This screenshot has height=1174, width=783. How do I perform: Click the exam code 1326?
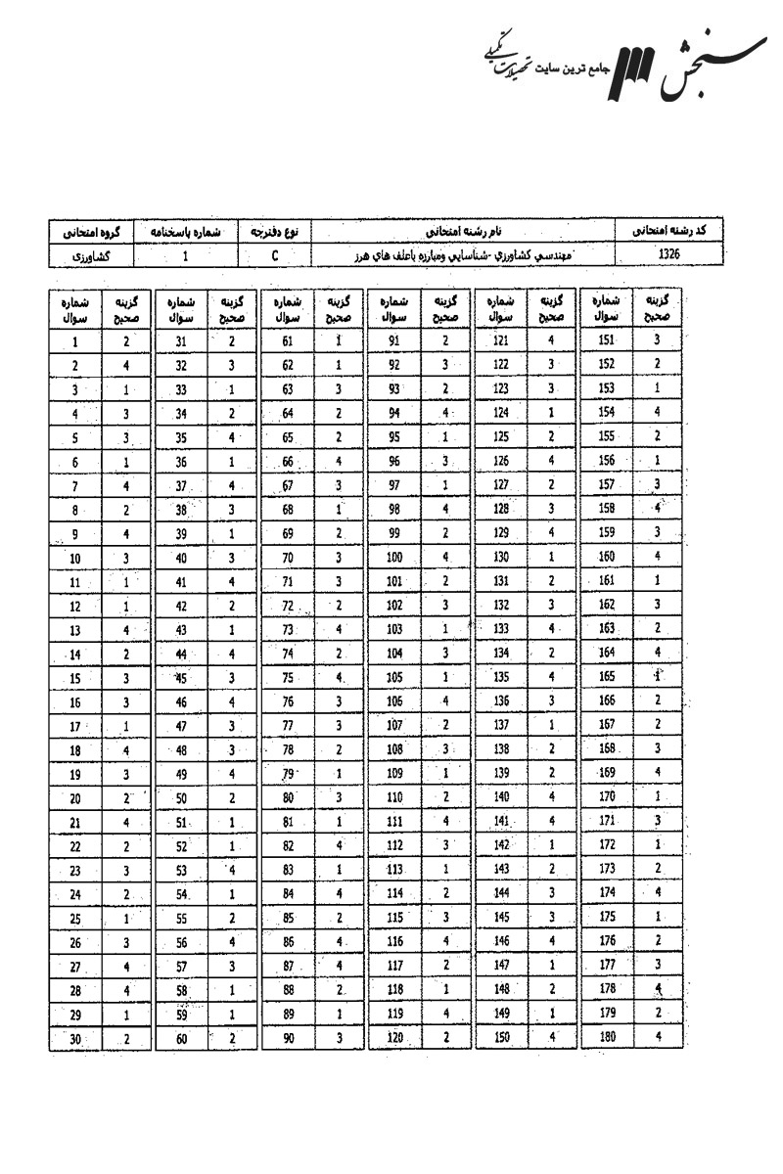pos(670,254)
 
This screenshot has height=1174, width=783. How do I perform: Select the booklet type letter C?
pos(276,255)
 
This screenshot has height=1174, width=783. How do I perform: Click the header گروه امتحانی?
pos(91,233)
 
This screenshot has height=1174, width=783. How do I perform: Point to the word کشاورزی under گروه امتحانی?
pos(91,255)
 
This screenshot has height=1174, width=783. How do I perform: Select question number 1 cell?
pos(75,342)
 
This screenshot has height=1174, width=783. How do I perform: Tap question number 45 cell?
pos(181,679)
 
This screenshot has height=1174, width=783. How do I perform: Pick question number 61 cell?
pos(288,341)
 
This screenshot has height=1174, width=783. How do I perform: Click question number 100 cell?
pos(394,559)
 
